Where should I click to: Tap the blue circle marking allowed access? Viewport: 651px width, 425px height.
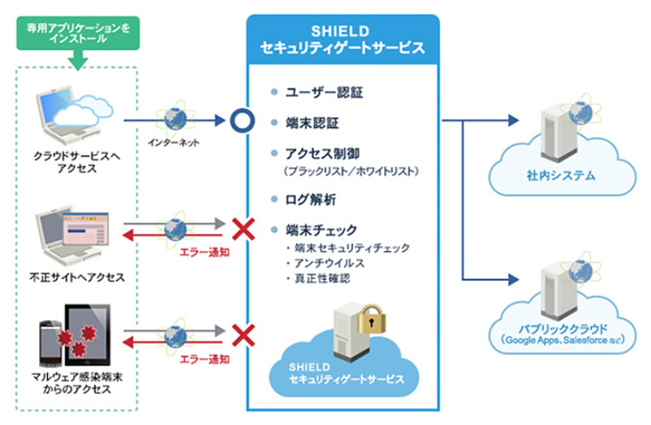coord(240,122)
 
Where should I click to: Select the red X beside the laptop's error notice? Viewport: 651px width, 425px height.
coord(240,226)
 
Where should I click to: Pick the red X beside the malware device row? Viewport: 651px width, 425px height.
coord(240,333)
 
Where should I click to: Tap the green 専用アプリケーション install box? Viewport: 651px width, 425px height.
coord(78,33)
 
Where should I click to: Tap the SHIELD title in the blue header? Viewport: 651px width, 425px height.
coord(342,31)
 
